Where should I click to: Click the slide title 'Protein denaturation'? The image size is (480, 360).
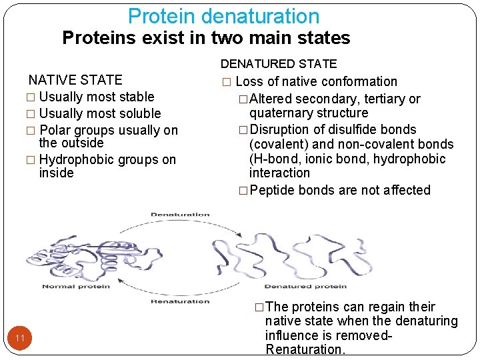click(x=223, y=16)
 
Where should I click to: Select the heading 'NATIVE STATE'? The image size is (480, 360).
click(x=75, y=81)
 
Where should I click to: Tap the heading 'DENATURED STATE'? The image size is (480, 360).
click(x=279, y=64)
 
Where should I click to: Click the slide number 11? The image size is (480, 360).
click(x=20, y=339)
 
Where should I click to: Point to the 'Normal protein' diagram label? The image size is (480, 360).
click(x=76, y=287)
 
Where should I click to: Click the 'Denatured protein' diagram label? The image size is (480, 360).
click(x=305, y=287)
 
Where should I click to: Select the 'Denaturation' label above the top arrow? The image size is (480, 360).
click(x=180, y=215)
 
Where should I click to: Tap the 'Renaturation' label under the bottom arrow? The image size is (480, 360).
click(x=180, y=301)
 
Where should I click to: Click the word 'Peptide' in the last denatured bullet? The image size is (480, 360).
click(x=273, y=191)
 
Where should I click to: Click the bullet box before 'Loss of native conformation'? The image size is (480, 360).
click(x=226, y=82)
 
